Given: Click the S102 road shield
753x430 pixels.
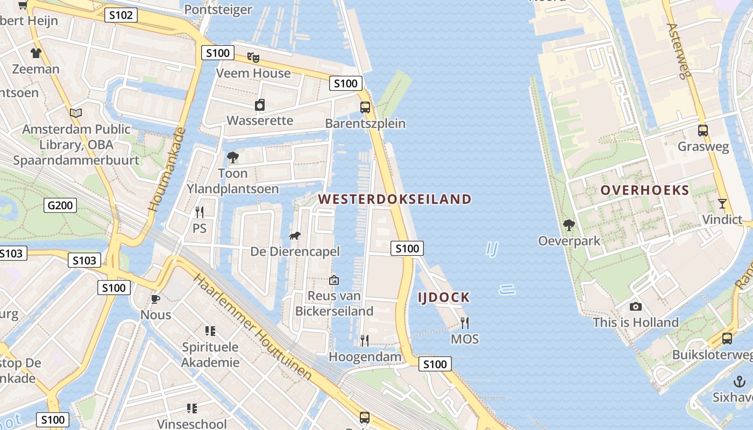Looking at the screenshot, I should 120,15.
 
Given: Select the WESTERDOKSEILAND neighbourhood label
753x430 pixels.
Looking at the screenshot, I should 394,199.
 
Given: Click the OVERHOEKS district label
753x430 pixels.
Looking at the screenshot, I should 644,190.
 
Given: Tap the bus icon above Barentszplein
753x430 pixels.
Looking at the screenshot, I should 365,107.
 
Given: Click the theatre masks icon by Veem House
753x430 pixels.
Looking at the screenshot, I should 253,57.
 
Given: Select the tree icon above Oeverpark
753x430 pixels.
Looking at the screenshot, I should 569,225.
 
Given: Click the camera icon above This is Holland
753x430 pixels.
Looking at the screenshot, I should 636,306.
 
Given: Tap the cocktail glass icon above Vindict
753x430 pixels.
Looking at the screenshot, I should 722,204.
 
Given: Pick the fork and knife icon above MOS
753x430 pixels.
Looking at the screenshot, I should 465,322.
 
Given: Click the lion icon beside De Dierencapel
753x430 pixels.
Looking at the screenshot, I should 294,235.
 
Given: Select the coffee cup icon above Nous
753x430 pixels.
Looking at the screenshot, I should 155,299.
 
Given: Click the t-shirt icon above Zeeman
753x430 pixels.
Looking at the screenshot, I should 36,53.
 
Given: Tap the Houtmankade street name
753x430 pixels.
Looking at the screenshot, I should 166,169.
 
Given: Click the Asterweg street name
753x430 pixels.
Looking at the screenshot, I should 678,51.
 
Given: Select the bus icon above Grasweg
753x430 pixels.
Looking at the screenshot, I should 702,130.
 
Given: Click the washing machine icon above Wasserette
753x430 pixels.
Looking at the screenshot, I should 260,105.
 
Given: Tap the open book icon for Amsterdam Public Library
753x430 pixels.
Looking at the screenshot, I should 76,113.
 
